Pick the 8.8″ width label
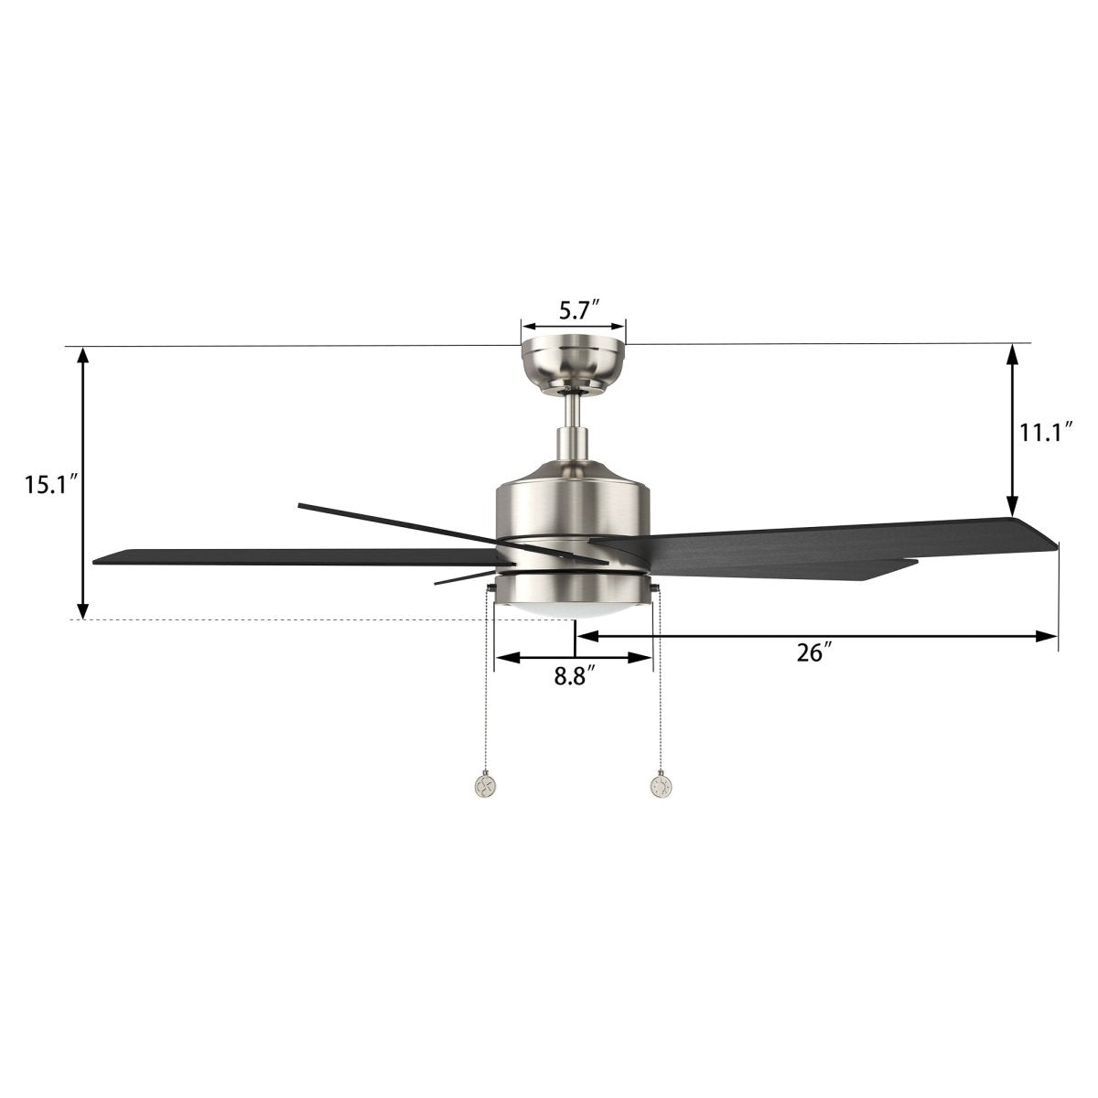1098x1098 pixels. pyautogui.click(x=575, y=677)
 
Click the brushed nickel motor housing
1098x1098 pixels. pyautogui.click(x=574, y=503)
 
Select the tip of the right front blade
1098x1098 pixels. pyautogui.click(x=1052, y=544)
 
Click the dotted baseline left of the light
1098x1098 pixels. pyautogui.click(x=274, y=620)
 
